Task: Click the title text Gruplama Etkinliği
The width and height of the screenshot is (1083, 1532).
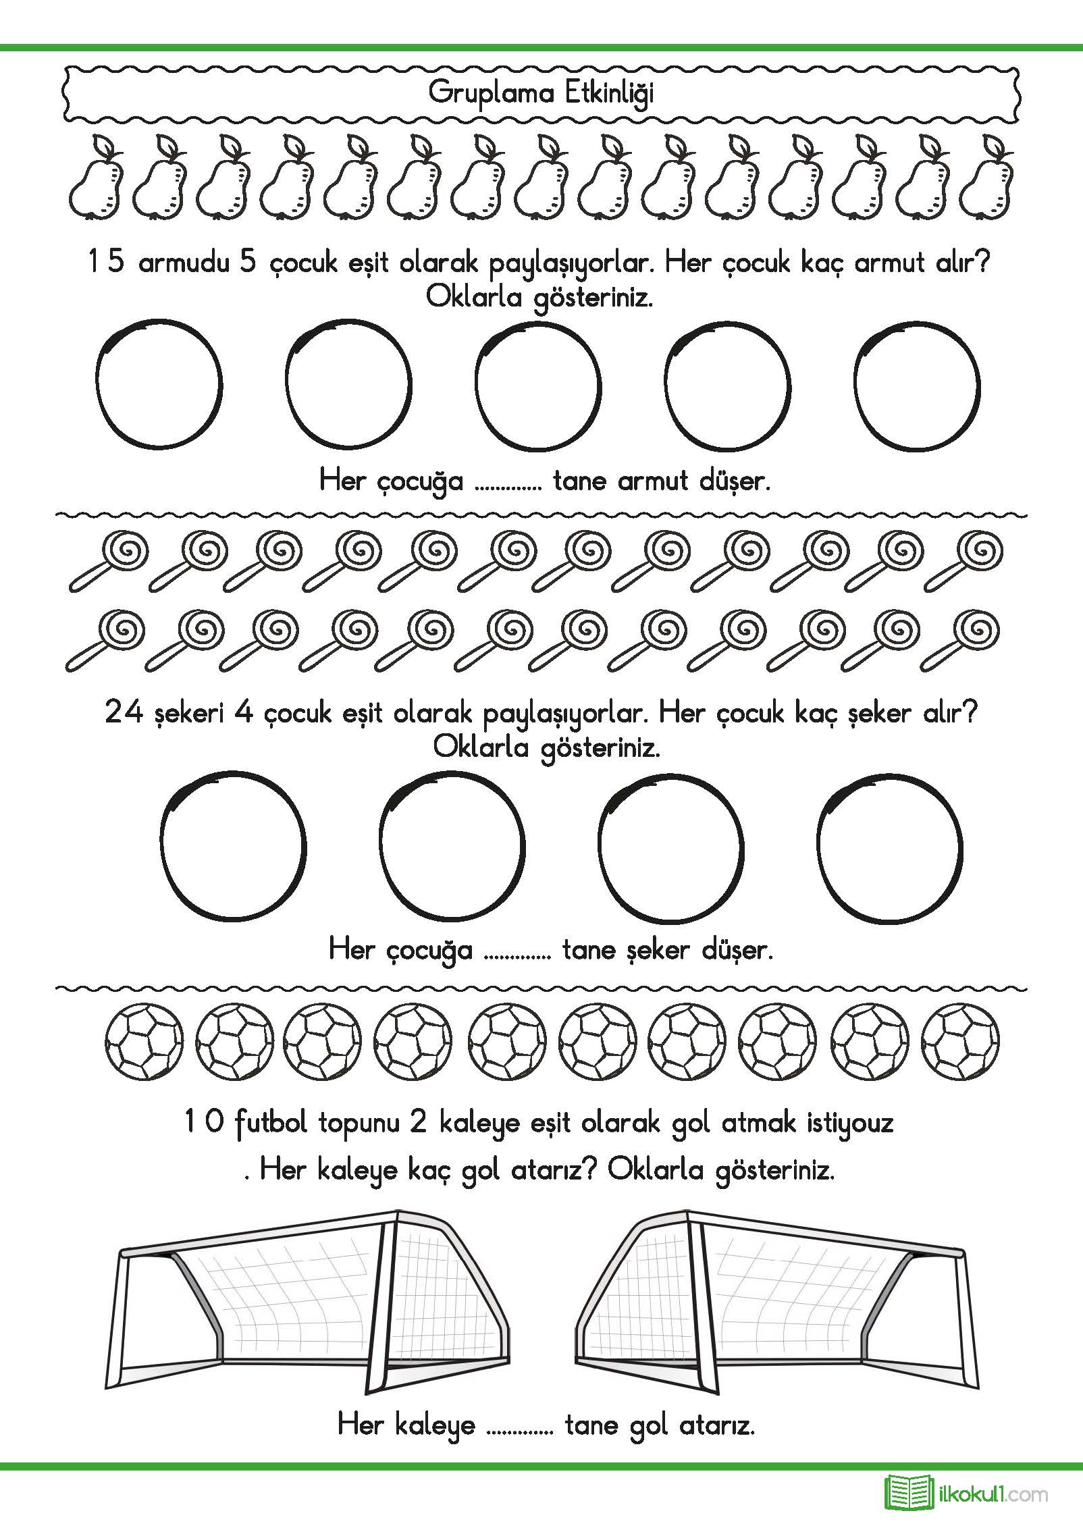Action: (x=541, y=94)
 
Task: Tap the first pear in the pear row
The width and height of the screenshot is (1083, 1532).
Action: (x=97, y=177)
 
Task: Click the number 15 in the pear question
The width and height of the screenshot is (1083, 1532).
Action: (x=107, y=263)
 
